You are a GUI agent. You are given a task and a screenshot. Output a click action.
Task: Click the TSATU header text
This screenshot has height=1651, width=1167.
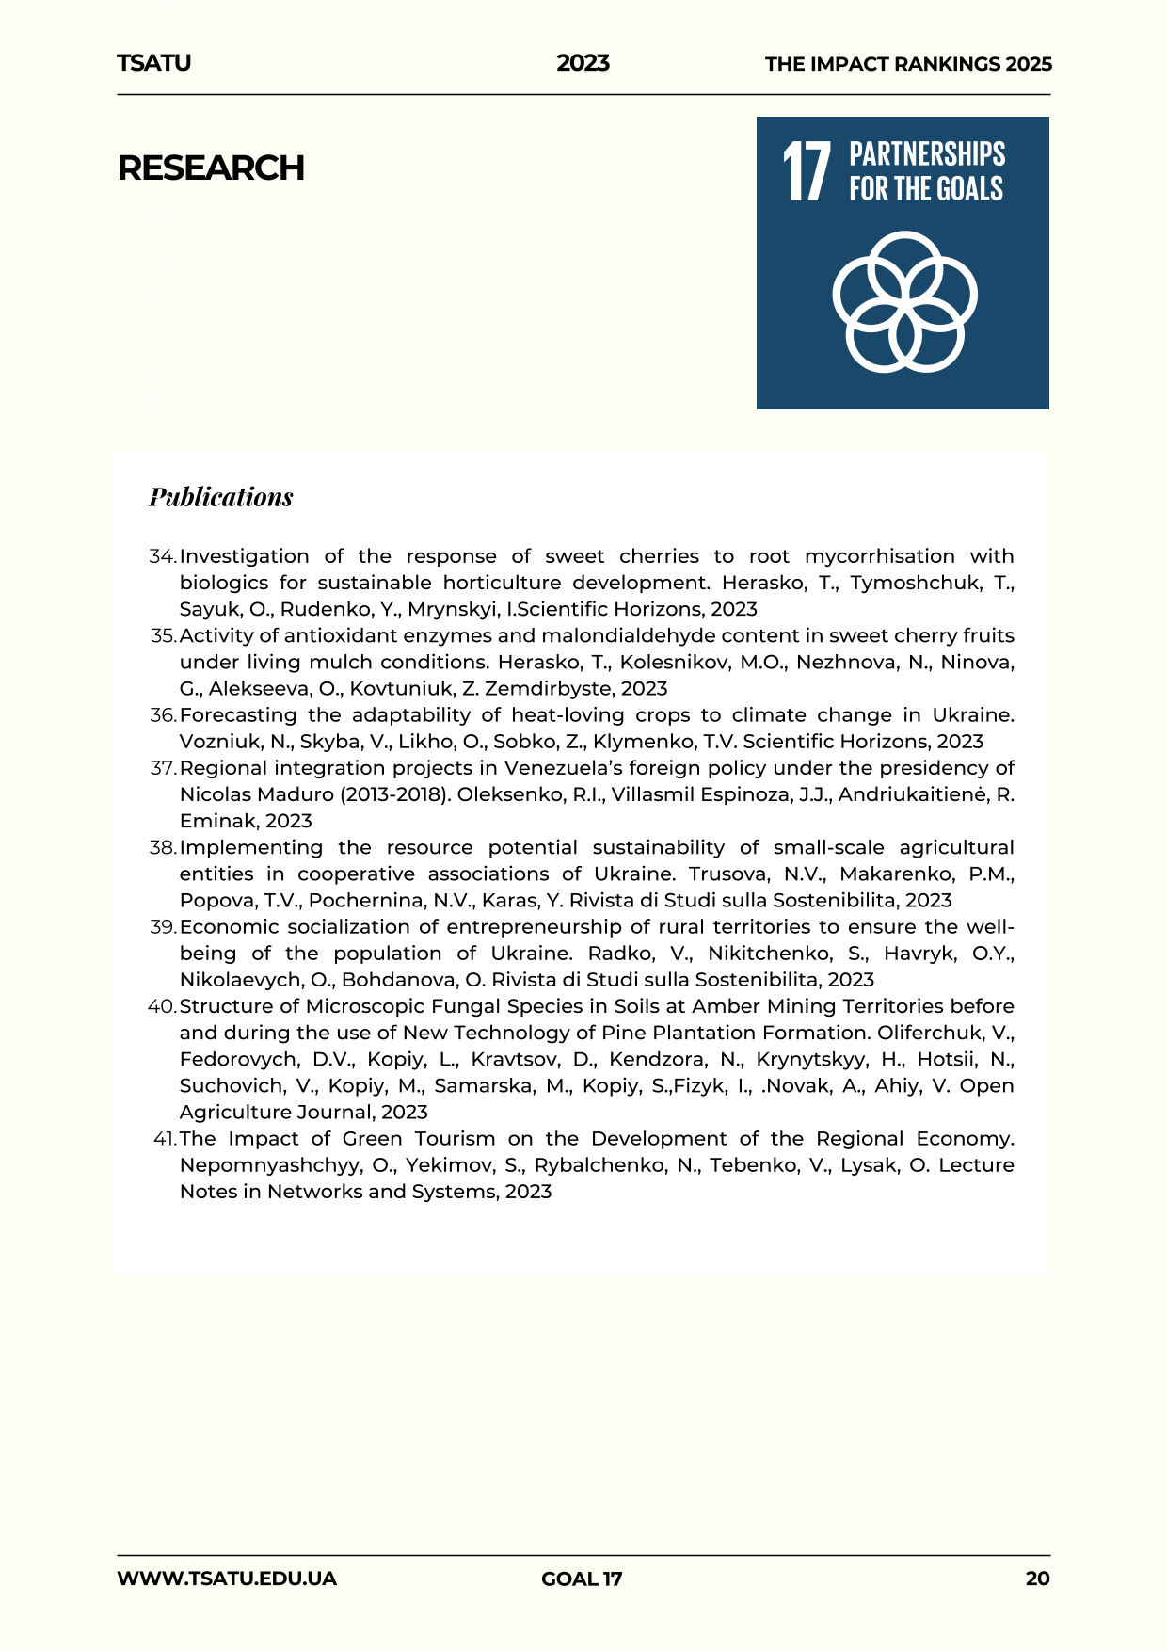(153, 63)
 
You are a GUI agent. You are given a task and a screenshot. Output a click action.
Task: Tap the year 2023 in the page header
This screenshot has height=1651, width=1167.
(583, 63)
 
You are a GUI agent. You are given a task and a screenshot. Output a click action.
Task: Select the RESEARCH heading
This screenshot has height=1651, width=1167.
(211, 168)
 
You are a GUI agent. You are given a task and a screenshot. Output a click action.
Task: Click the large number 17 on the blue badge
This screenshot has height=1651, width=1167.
(807, 171)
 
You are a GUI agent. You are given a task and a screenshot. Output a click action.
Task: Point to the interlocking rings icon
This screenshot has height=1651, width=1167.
(904, 301)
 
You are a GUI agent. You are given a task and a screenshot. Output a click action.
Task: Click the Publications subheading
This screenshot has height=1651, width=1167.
(221, 497)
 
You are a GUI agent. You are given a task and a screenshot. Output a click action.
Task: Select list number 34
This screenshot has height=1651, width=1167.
(163, 556)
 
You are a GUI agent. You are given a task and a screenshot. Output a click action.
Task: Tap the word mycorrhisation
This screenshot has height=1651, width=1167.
(879, 556)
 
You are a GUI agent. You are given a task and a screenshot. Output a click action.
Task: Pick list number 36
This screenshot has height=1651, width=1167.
(163, 715)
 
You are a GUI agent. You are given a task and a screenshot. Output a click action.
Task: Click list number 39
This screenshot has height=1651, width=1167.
(163, 927)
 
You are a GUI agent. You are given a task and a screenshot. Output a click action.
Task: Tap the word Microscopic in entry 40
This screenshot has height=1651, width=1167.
(368, 1006)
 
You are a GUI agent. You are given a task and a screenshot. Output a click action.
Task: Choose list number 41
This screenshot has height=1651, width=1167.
(165, 1139)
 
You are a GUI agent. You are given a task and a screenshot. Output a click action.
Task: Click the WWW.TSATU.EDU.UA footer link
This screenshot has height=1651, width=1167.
(227, 1579)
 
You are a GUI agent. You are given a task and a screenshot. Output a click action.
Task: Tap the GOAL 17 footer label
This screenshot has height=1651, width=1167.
(582, 1579)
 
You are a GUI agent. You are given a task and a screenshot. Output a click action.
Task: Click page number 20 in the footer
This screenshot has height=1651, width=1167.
(1037, 1579)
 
